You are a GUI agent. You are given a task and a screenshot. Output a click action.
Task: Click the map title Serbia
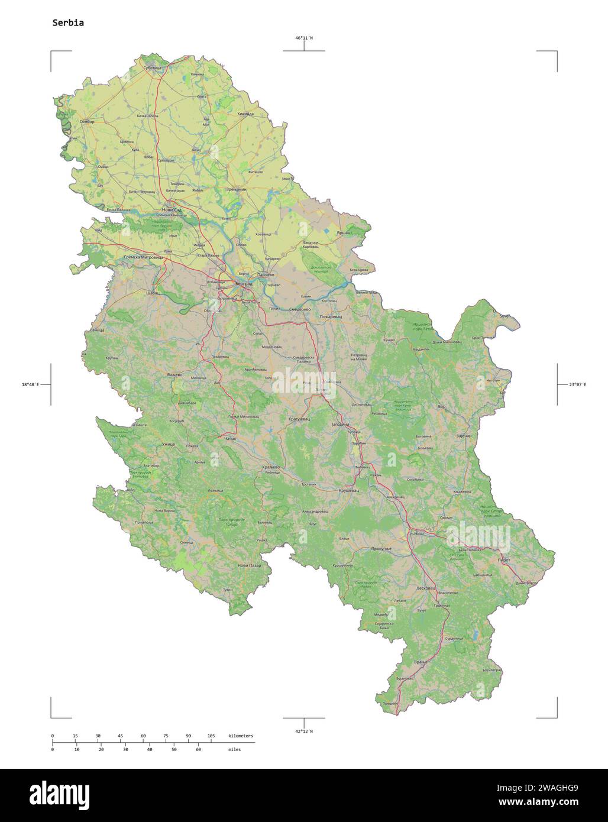click(x=68, y=23)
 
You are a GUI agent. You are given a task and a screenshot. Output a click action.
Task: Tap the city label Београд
click(x=243, y=284)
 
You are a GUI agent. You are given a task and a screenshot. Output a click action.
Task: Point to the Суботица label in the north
click(x=152, y=68)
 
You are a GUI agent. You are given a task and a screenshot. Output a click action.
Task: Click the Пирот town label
click(x=504, y=559)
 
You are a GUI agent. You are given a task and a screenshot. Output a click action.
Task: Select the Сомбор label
click(x=86, y=121)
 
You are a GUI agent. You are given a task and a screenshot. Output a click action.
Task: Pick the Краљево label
click(x=270, y=467)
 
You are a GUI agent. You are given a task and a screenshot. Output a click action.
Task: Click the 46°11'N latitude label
click(x=304, y=38)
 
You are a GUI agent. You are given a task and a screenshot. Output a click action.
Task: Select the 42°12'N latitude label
click(x=304, y=731)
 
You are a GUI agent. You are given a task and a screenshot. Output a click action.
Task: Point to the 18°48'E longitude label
click(x=30, y=384)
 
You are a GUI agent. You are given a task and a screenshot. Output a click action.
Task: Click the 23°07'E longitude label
click(x=577, y=384)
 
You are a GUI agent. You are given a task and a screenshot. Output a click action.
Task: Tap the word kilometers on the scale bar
click(x=241, y=736)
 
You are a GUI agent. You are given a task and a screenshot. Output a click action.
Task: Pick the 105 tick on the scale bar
click(x=211, y=736)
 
